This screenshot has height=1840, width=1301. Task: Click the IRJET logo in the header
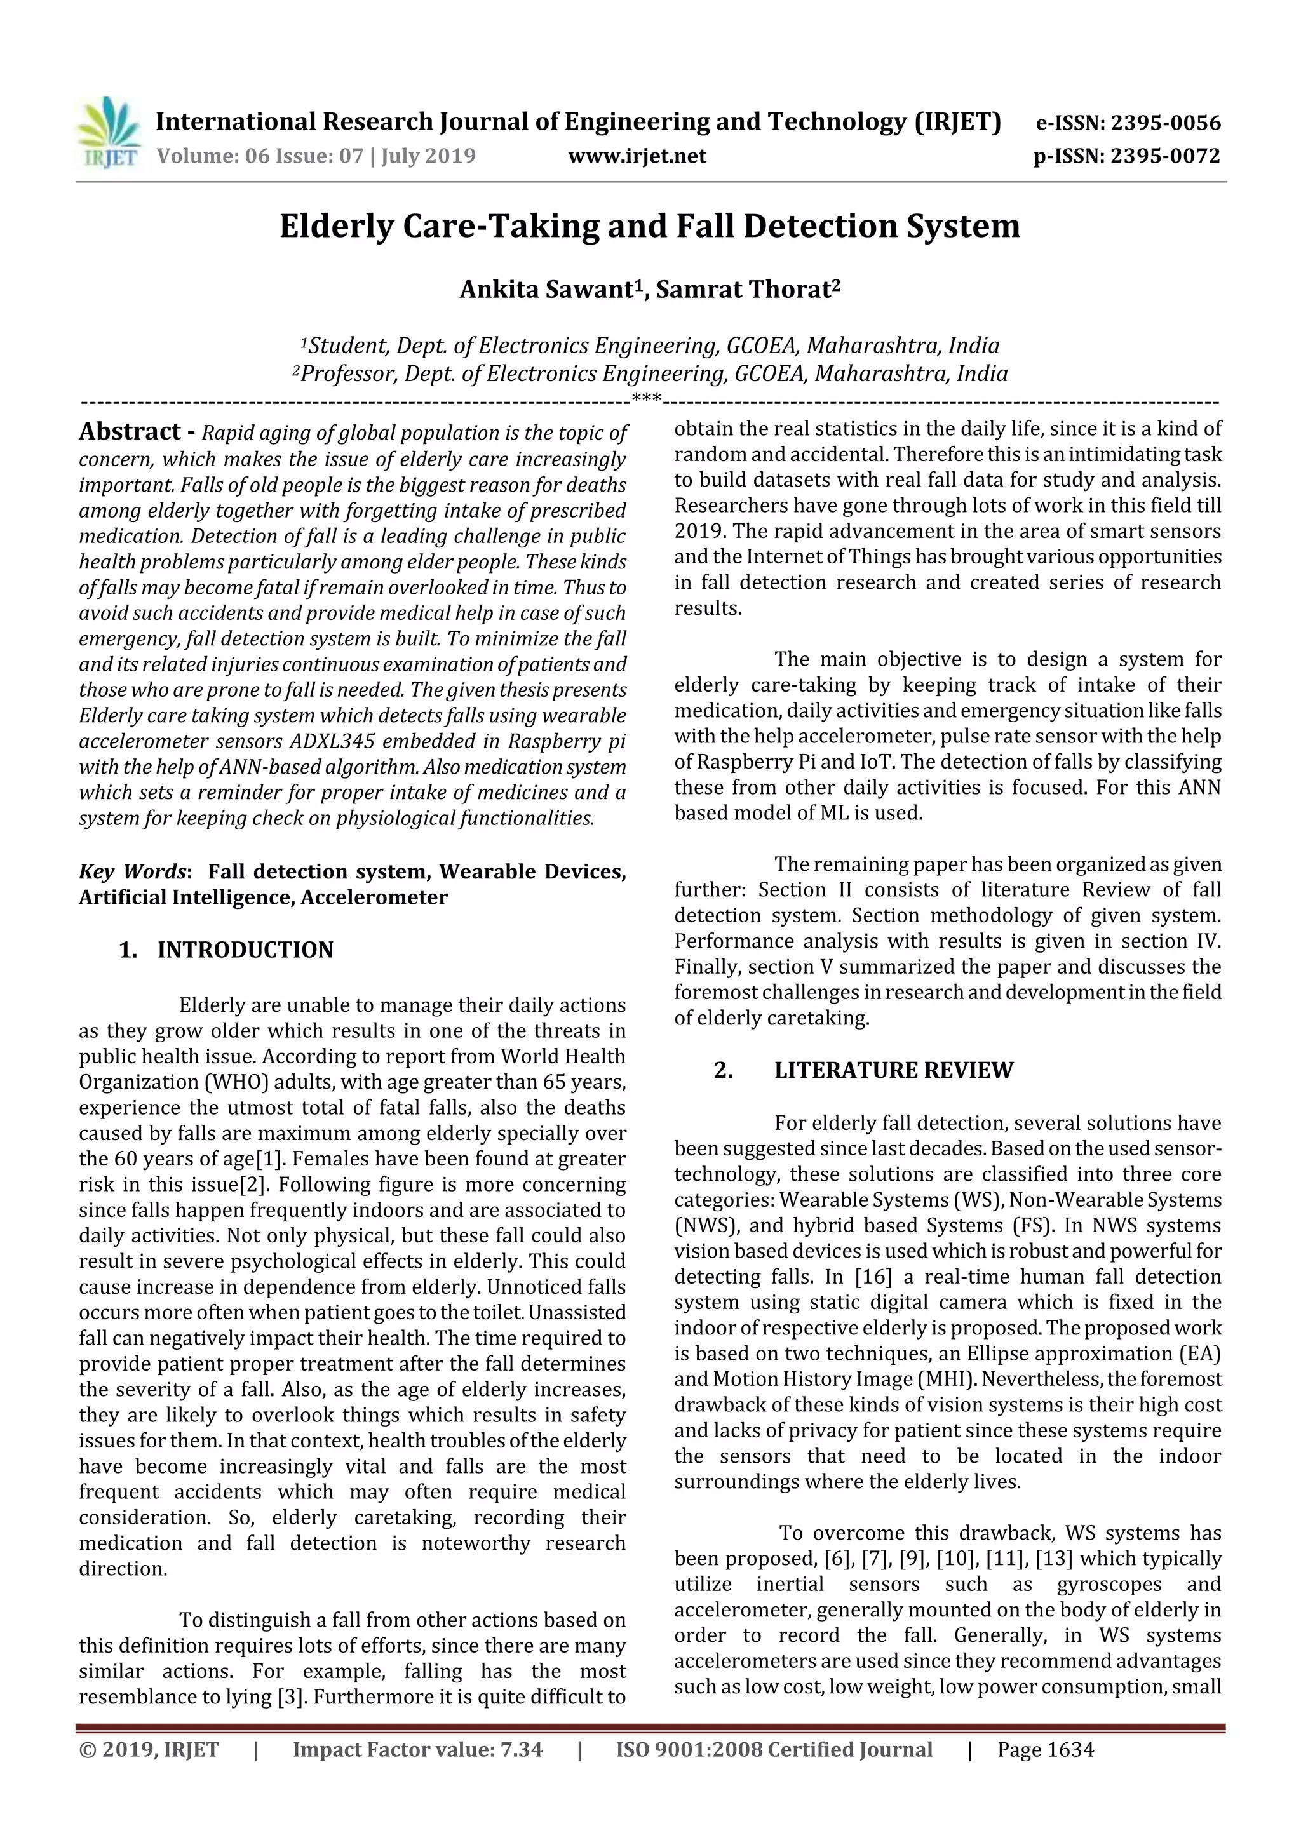108,133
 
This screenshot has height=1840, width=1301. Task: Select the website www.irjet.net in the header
637,156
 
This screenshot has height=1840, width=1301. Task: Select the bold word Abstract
130,432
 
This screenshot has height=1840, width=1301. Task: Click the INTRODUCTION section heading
245,950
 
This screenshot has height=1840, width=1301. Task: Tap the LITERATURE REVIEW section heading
893,1071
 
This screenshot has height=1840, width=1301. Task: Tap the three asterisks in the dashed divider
646,398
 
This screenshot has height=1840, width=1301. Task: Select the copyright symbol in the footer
86,1750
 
